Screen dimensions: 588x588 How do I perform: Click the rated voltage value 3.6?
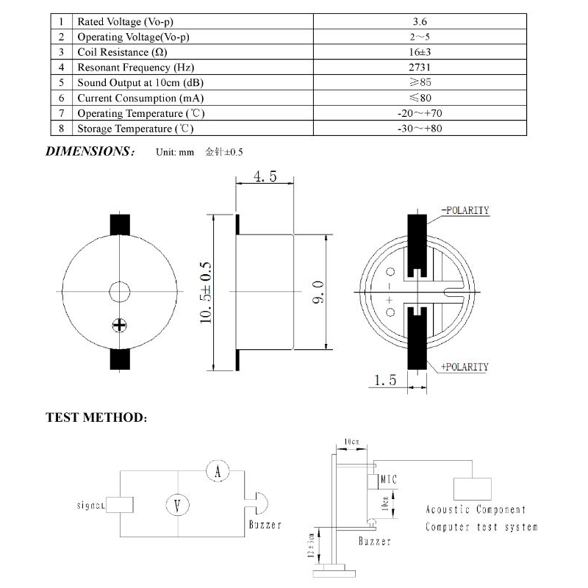420,21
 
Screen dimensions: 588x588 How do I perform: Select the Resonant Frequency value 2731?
420,67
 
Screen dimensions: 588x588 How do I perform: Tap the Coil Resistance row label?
122,52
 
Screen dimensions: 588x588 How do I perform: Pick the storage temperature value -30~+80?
420,128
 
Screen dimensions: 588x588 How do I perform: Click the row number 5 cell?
62,82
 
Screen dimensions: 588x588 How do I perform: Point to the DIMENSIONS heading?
90,151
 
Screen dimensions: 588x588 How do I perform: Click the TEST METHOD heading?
96,417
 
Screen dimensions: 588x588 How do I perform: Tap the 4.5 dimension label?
265,176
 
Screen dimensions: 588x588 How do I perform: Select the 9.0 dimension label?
318,292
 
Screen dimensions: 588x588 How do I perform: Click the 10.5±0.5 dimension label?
206,293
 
